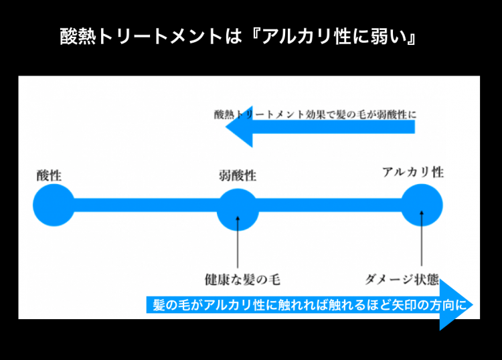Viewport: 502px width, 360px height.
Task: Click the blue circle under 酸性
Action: (54, 205)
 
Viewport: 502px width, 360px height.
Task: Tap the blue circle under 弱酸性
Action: (238, 209)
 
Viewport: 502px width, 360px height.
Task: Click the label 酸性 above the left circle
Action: (49, 176)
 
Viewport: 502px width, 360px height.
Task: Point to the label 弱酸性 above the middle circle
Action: (238, 176)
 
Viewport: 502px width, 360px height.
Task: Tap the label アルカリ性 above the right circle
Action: (413, 172)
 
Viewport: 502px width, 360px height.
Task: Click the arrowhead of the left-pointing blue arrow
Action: (238, 126)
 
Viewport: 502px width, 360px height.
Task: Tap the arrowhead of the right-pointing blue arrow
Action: (457, 305)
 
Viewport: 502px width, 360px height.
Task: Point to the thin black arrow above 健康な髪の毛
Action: (238, 241)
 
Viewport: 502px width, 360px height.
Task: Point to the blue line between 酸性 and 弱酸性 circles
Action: (145, 205)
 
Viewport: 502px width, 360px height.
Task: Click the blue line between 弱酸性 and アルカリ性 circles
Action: (330, 205)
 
